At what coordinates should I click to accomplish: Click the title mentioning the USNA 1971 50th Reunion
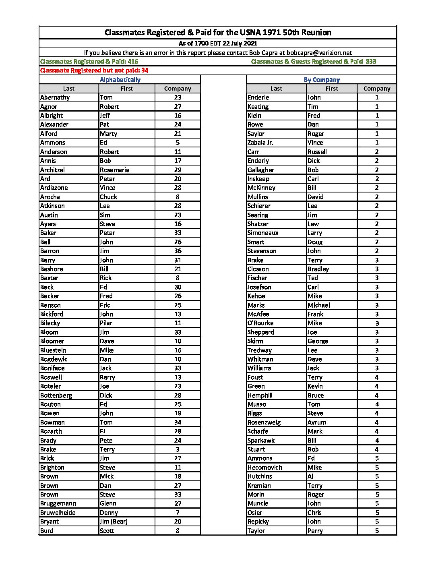tap(218, 33)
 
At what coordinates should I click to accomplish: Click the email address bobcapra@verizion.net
tap(319, 53)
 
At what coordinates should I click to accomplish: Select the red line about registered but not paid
tap(94, 70)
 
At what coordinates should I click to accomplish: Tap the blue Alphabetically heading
tap(120, 80)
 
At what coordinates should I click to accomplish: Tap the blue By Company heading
tap(322, 80)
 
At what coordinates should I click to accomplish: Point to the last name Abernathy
tap(55, 97)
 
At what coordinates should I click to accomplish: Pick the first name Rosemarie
tap(114, 170)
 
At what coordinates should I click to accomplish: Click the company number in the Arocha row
tap(178, 197)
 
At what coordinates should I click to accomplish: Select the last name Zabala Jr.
tap(260, 143)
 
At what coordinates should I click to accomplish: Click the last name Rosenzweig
tap(264, 422)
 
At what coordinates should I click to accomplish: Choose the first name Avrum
tap(317, 422)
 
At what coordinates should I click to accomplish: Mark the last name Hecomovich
tap(264, 468)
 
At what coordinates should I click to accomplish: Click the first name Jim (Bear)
tap(114, 521)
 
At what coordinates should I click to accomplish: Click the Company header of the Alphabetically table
tap(178, 89)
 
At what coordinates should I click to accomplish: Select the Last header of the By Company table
tap(276, 89)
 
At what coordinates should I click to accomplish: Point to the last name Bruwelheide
tap(58, 513)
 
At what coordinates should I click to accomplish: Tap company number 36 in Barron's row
tap(178, 251)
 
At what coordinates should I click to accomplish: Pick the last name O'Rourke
tap(260, 323)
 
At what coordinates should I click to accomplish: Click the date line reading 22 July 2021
tap(218, 43)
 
